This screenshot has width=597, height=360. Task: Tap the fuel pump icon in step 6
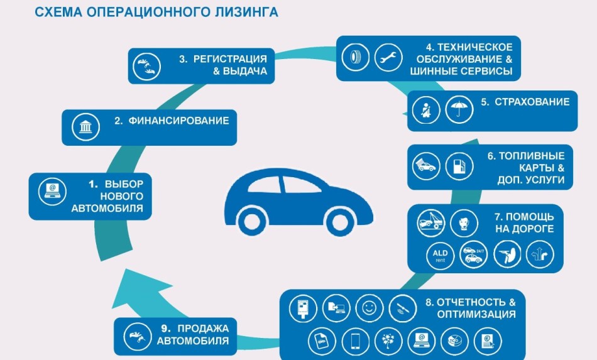(459, 166)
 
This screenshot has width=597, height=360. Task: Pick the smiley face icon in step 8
(368, 307)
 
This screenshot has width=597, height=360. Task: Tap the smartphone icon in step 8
(354, 341)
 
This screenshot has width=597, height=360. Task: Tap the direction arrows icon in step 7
(540, 256)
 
